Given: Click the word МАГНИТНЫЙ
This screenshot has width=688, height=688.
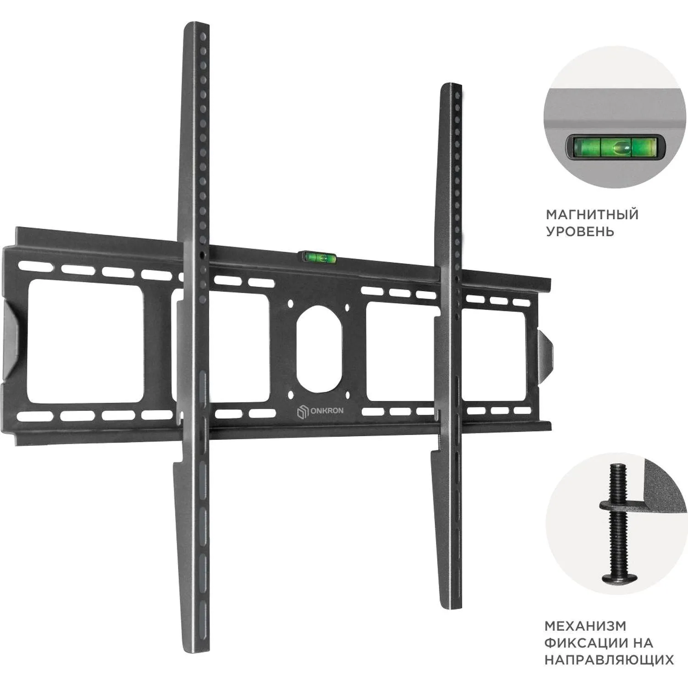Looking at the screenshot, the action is [x=592, y=214].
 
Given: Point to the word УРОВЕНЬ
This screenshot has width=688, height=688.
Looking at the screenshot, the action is [x=579, y=231].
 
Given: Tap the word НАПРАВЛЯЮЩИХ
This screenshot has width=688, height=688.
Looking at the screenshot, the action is [x=609, y=660].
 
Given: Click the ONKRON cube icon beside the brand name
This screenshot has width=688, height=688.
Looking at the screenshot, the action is [x=303, y=411].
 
